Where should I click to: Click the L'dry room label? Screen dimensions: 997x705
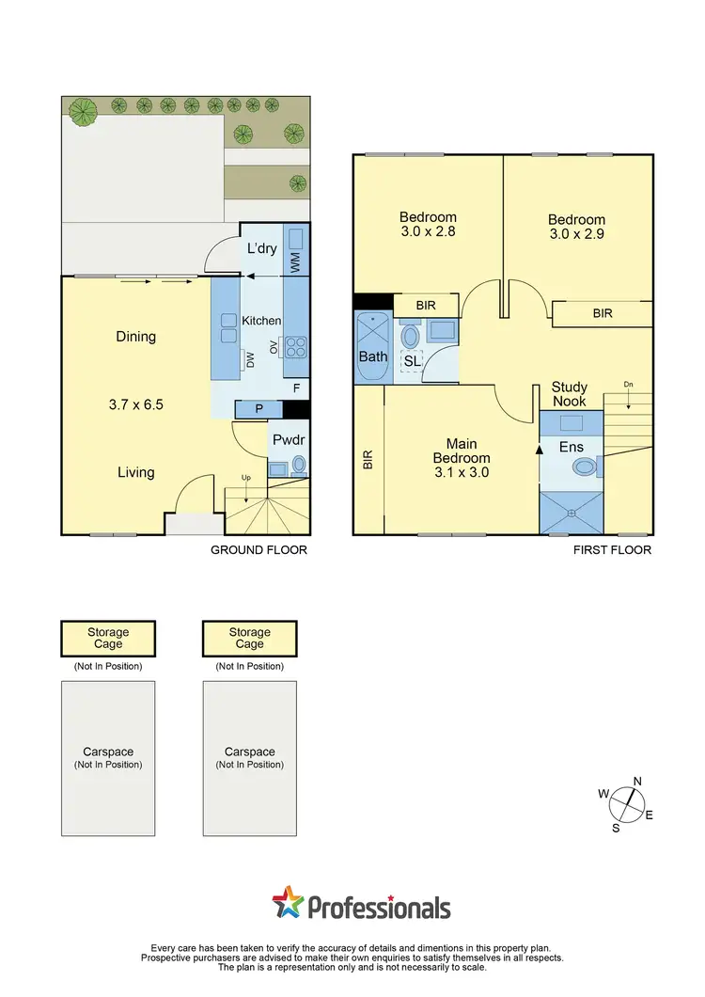pyautogui.click(x=261, y=248)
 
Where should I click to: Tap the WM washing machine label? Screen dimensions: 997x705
pyautogui.click(x=295, y=262)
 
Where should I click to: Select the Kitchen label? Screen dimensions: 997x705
pyautogui.click(x=261, y=321)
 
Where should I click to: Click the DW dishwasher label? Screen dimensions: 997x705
pyautogui.click(x=250, y=358)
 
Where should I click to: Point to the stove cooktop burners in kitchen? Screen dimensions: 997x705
pyautogui.click(x=295, y=347)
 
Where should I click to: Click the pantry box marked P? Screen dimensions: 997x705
pyautogui.click(x=258, y=409)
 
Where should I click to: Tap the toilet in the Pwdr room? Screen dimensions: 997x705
pyautogui.click(x=299, y=464)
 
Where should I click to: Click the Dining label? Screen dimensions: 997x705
pyautogui.click(x=136, y=337)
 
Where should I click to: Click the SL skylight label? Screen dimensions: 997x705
pyautogui.click(x=412, y=361)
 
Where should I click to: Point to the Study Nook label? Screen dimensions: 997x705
pyautogui.click(x=569, y=394)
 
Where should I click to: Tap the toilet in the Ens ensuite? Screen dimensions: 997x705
pyautogui.click(x=585, y=467)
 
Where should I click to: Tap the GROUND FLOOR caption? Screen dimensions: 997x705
pyautogui.click(x=259, y=550)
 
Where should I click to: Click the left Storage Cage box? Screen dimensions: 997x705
pyautogui.click(x=108, y=639)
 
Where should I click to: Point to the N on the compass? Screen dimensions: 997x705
pyautogui.click(x=636, y=781)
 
